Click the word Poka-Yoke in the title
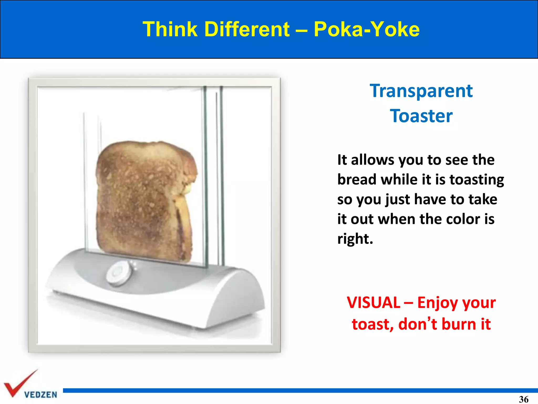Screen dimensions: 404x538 point(367,29)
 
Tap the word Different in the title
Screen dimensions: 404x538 point(247,29)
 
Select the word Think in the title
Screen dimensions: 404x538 point(170,29)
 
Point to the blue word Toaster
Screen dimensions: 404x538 point(421,116)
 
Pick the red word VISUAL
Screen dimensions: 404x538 point(373,303)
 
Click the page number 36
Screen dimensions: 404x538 point(524,399)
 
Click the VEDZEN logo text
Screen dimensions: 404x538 point(40,395)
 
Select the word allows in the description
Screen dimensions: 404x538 point(373,160)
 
